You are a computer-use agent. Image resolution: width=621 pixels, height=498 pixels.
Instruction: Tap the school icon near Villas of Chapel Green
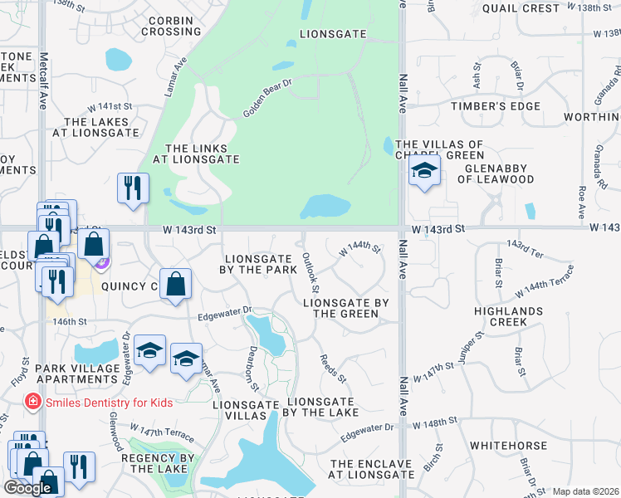coord(424,172)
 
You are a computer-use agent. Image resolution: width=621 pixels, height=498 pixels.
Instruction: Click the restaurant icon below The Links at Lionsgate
coord(133,188)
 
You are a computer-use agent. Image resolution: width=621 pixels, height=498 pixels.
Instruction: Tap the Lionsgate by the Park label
coord(257,264)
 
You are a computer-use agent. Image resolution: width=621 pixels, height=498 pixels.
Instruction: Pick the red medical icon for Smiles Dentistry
coord(32,403)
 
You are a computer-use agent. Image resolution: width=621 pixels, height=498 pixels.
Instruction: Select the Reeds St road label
coord(334,367)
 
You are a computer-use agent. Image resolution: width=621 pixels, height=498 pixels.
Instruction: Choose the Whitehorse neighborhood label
coord(508,446)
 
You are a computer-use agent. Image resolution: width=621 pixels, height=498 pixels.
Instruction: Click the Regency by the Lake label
coord(157,463)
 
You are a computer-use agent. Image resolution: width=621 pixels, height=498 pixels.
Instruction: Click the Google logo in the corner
coord(27,488)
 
